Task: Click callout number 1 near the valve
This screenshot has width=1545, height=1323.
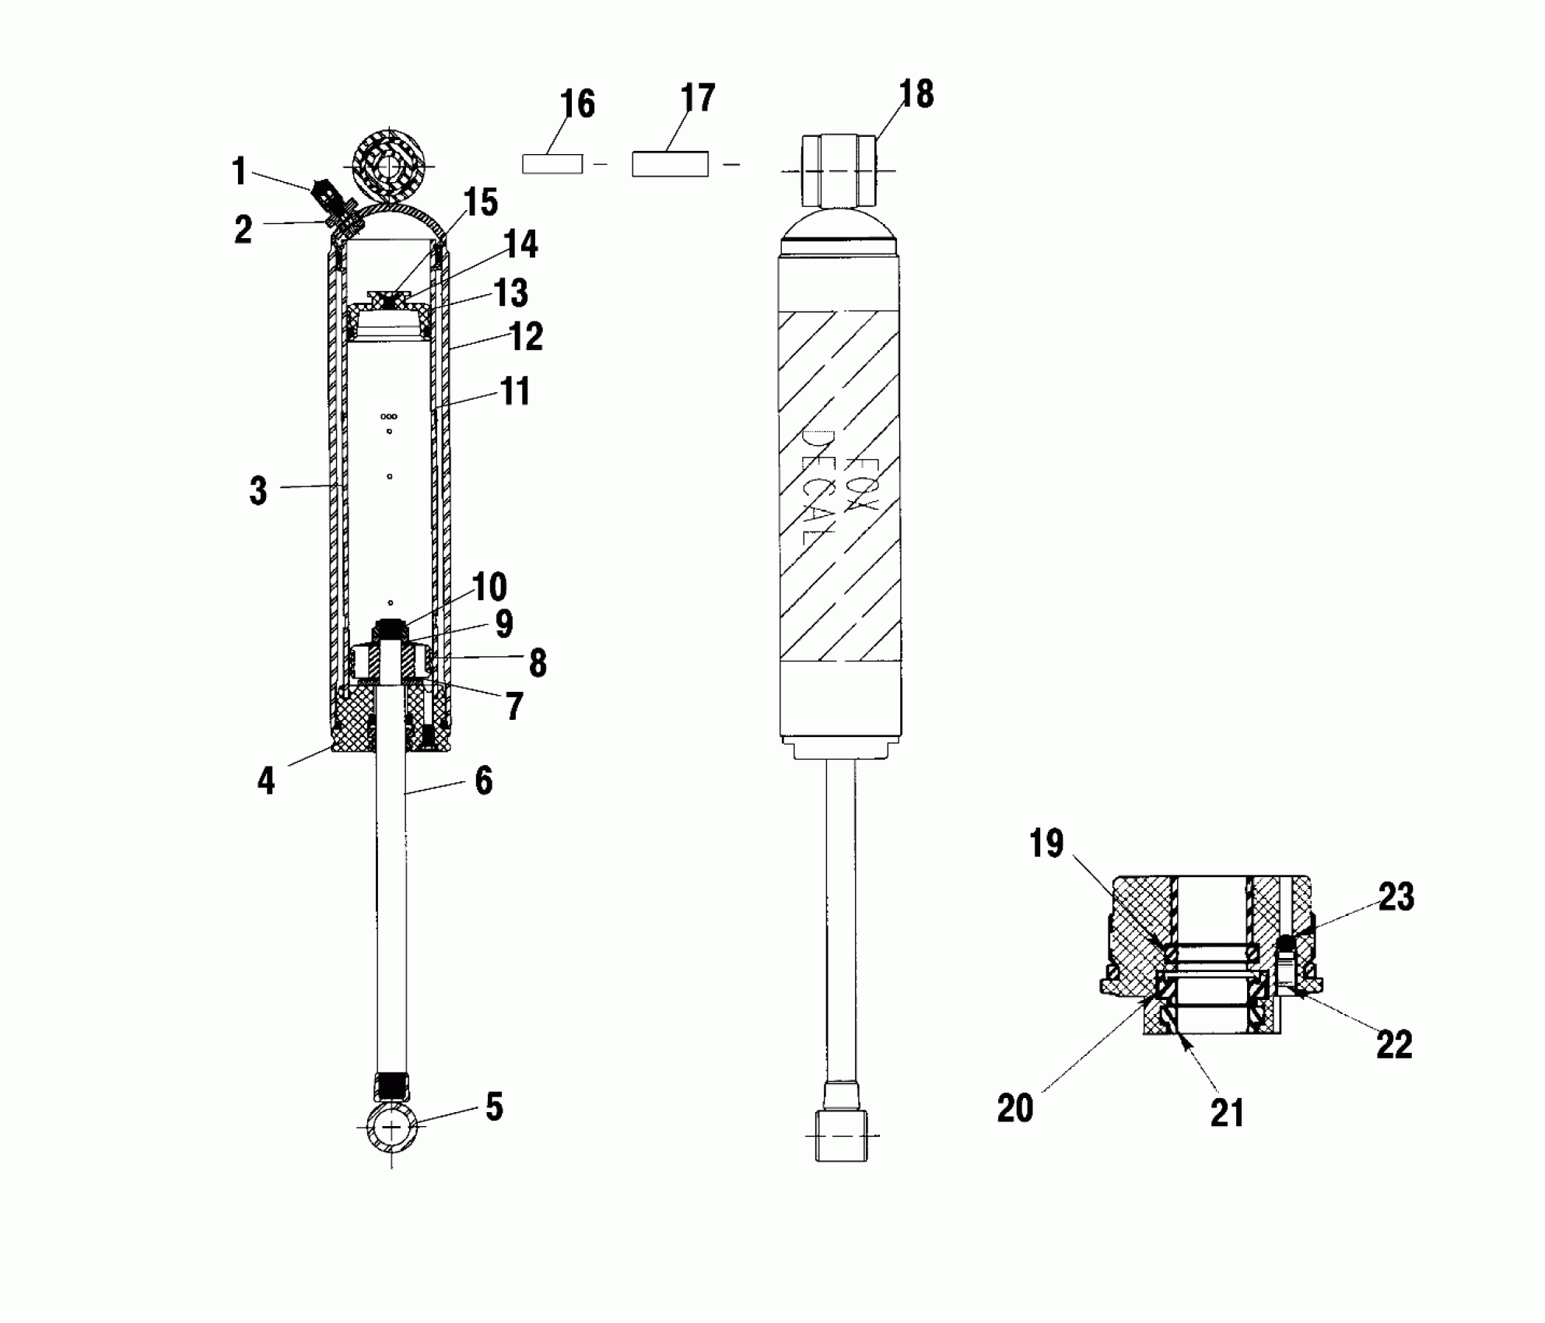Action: [240, 171]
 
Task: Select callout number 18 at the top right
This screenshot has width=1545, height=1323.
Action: [916, 93]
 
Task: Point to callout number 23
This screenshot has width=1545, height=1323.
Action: [1396, 897]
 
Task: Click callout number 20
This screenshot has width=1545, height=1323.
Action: [1015, 1109]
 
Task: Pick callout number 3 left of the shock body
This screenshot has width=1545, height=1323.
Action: [258, 491]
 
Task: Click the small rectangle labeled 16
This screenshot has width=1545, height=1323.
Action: [552, 163]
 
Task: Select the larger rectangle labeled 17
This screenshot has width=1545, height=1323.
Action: [670, 164]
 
